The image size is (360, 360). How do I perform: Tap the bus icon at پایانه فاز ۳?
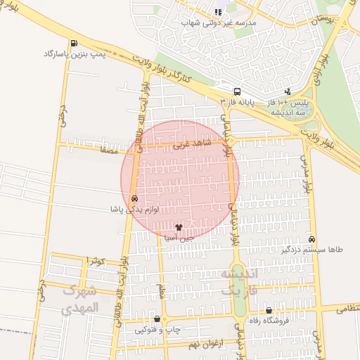(x=237, y=91)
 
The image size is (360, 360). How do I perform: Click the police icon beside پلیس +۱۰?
(x=288, y=91)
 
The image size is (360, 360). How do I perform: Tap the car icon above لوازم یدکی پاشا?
(x=134, y=199)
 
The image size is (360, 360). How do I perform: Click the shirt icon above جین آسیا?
(x=178, y=228)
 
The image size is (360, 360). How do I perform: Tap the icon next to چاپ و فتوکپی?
(x=157, y=319)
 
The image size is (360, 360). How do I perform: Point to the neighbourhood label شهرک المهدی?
(x=81, y=299)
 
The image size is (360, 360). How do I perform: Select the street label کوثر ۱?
(x=95, y=261)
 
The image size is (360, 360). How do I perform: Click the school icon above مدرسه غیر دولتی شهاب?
(x=217, y=12)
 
